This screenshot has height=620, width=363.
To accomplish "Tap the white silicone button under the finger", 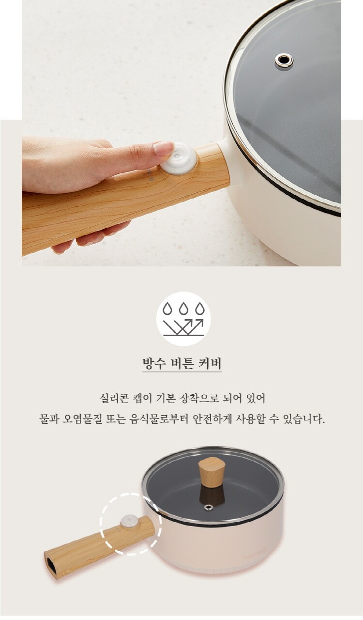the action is tap(179, 158).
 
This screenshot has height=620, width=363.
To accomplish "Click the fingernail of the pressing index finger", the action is tap(163, 148).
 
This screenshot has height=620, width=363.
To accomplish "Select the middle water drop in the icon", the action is tap(183, 309).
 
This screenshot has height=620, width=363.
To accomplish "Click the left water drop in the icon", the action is tap(167, 309).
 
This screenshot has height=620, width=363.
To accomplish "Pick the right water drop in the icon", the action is tap(200, 309).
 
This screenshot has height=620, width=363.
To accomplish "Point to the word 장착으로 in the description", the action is tap(199, 399).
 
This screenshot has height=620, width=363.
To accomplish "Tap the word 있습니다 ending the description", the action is tap(303, 419).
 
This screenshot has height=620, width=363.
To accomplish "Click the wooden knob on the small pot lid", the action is tap(212, 472).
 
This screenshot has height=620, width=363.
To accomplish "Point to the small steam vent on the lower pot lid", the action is tap(208, 507).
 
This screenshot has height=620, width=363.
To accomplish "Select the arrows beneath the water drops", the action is tap(183, 326).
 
